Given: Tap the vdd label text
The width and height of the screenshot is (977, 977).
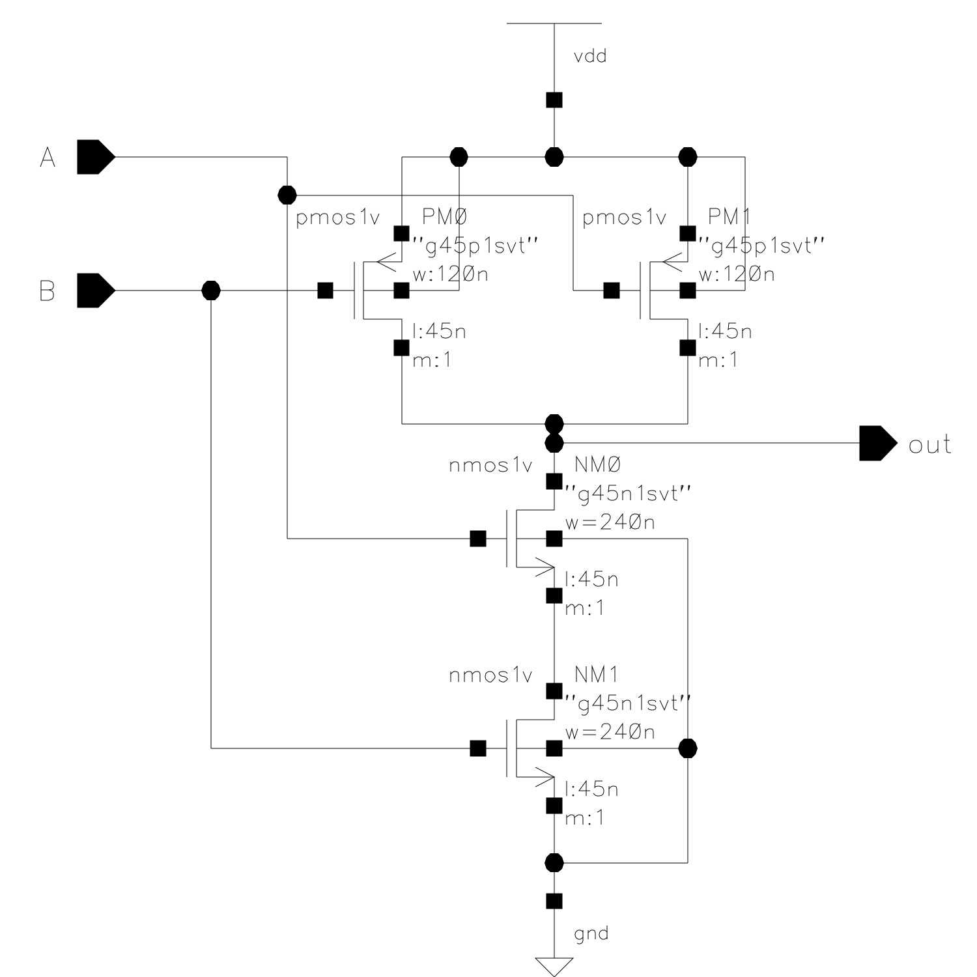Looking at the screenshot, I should (x=590, y=57).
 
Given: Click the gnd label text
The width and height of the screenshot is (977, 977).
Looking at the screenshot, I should (x=591, y=933).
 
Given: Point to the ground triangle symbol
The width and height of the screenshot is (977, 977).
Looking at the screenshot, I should (x=554, y=966).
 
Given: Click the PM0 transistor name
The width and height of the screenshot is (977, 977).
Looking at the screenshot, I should (x=445, y=216).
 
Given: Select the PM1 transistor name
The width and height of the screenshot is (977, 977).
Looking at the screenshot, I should (x=729, y=216).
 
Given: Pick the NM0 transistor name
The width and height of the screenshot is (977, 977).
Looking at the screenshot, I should (x=597, y=464).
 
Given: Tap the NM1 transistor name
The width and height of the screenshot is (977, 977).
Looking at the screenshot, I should (x=596, y=675).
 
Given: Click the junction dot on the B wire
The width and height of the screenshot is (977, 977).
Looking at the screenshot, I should (x=211, y=290).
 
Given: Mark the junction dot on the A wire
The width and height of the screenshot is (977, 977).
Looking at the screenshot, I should (x=287, y=195).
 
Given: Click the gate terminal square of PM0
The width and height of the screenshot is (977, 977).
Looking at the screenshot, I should (x=325, y=290).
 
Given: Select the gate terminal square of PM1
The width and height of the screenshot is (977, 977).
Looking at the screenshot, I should (x=611, y=290).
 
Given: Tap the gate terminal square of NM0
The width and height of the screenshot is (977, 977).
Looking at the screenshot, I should (x=477, y=539).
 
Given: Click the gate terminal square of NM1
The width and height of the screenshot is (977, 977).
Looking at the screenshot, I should (x=477, y=748).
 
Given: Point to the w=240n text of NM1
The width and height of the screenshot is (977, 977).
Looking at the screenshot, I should (x=610, y=732).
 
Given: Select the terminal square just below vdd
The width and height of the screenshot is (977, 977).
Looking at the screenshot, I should (x=554, y=100).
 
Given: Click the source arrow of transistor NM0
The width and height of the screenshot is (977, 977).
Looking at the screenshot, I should (x=545, y=568).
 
